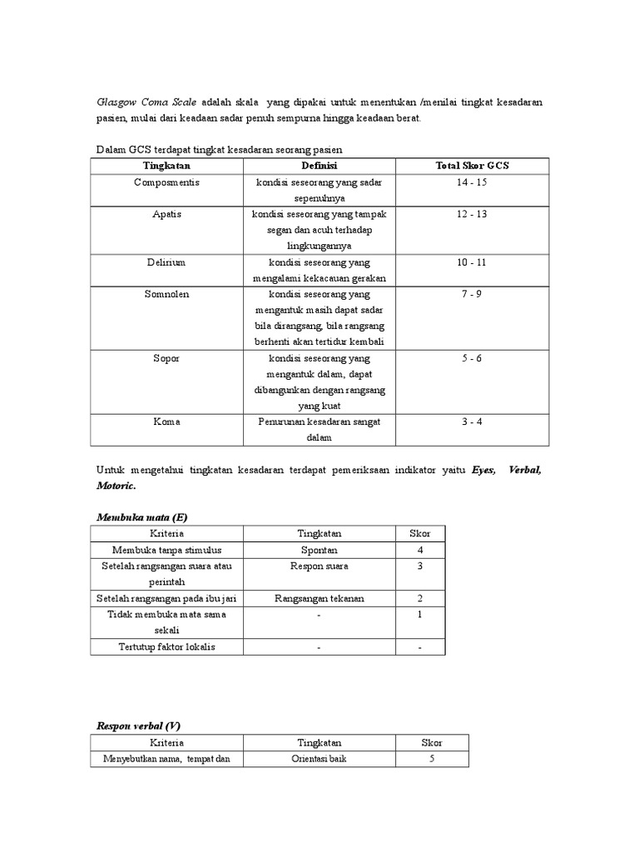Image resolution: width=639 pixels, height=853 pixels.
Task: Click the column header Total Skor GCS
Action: click(x=472, y=165)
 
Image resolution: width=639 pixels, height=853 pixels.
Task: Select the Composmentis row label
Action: click(x=166, y=182)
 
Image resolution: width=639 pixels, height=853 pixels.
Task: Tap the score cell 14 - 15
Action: click(x=472, y=182)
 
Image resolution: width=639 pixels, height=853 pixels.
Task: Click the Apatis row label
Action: click(x=166, y=214)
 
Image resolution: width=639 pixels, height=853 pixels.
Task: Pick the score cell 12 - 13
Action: click(x=472, y=214)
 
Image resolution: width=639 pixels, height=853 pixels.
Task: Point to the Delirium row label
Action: click(x=166, y=262)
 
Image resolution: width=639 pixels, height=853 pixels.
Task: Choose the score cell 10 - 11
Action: click(x=472, y=262)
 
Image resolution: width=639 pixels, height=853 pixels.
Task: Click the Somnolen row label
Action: click(x=166, y=294)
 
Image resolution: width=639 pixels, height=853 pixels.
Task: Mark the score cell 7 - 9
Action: click(x=472, y=294)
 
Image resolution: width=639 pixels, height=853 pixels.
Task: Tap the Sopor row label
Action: click(x=166, y=358)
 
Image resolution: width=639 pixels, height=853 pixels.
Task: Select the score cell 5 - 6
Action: click(x=472, y=358)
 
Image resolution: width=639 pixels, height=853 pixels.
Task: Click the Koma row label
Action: click(x=166, y=422)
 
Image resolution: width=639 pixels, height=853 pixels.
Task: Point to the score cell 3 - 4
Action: click(x=472, y=422)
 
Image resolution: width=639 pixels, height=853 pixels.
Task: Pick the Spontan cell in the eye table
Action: click(x=319, y=551)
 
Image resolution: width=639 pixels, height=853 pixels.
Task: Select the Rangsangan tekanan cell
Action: click(x=319, y=598)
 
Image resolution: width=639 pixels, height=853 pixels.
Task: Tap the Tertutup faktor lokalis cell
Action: click(x=167, y=646)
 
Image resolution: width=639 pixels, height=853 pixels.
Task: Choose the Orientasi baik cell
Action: click(x=319, y=759)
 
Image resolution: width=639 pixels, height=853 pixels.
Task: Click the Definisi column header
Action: click(x=319, y=165)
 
